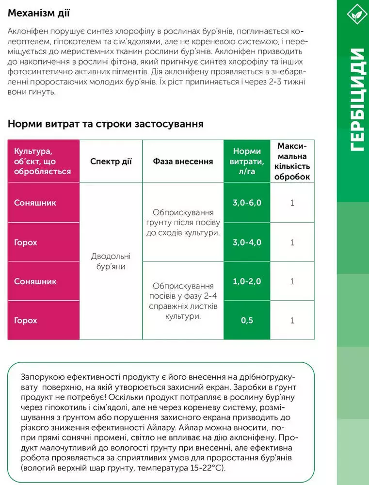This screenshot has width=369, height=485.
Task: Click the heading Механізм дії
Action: pyautogui.click(x=39, y=13)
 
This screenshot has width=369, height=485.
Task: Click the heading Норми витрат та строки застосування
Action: pyautogui.click(x=105, y=124)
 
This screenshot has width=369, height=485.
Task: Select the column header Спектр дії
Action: pyautogui.click(x=111, y=162)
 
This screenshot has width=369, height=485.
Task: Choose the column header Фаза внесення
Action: pyautogui.click(x=183, y=162)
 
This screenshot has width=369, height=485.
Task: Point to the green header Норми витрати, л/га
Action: pyautogui.click(x=247, y=162)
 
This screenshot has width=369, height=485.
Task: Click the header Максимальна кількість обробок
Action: pyautogui.click(x=292, y=162)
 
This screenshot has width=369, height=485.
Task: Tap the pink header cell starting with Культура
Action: pyautogui.click(x=43, y=162)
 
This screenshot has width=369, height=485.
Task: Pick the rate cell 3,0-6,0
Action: pyautogui.click(x=247, y=202)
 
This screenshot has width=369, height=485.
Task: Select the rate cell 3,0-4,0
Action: pyautogui.click(x=247, y=242)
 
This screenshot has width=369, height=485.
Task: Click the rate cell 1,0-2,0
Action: pyautogui.click(x=247, y=281)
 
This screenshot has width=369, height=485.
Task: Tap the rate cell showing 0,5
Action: pyautogui.click(x=247, y=321)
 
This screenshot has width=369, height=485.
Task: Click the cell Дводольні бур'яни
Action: pyautogui.click(x=111, y=261)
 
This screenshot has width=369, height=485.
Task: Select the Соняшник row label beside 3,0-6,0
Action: pyautogui.click(x=35, y=202)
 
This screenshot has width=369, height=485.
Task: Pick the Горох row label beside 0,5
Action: pyautogui.click(x=26, y=321)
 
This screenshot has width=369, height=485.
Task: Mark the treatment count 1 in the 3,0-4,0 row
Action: pyautogui.click(x=292, y=242)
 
